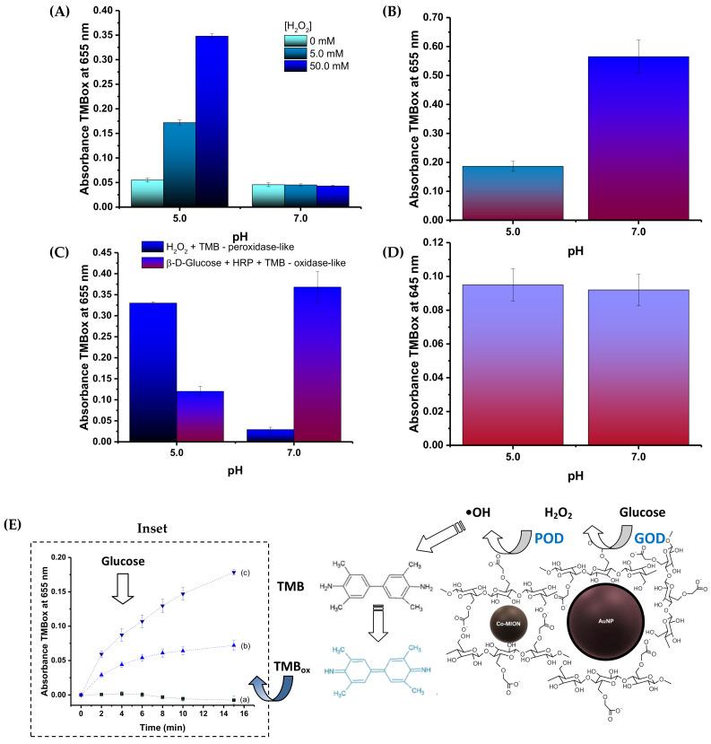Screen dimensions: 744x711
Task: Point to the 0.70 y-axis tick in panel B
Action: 425,17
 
